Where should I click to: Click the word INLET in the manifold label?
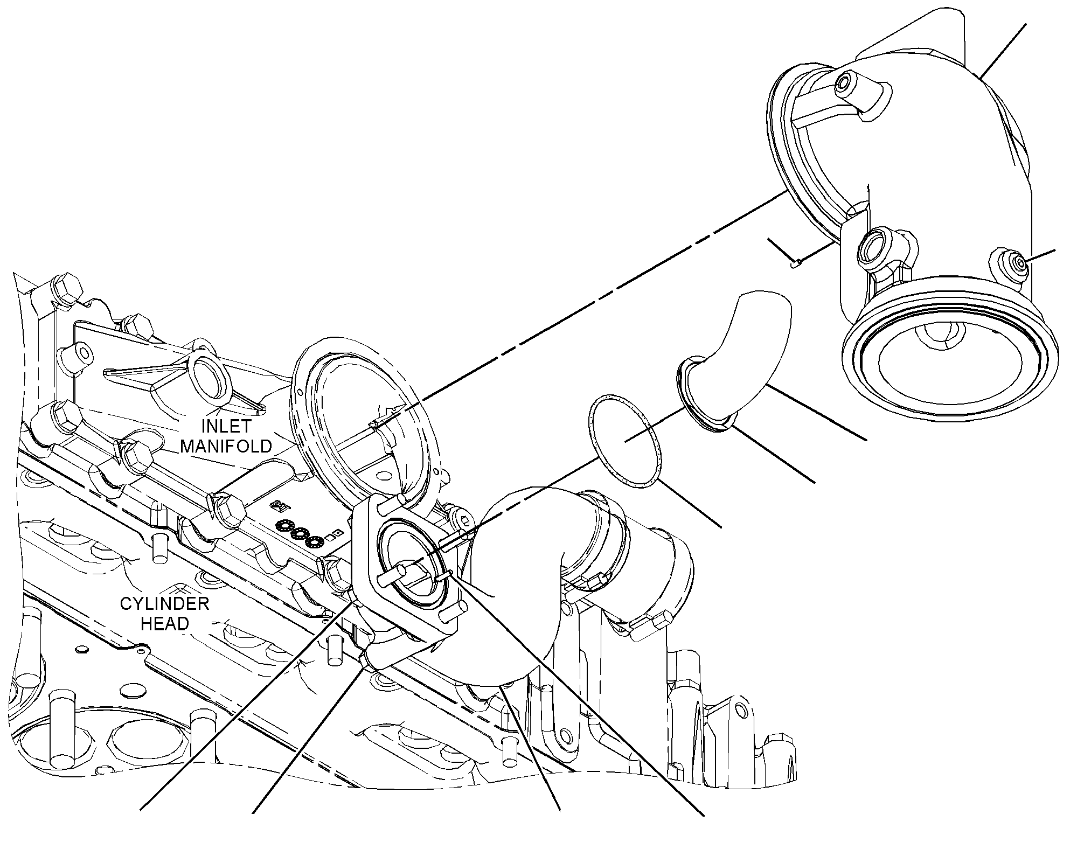click(x=226, y=426)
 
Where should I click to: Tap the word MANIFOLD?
click(x=226, y=446)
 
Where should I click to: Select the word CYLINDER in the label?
click(x=164, y=603)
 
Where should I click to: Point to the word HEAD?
click(x=164, y=623)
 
